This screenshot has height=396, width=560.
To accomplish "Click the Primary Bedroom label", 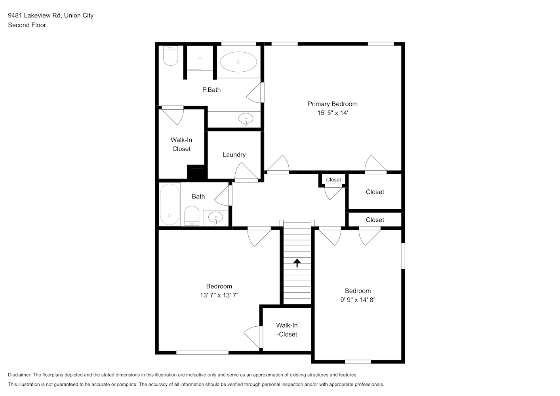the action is click(x=333, y=104).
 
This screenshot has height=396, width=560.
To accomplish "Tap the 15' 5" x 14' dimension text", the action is click(x=333, y=113).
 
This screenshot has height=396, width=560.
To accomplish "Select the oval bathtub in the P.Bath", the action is click(x=238, y=62).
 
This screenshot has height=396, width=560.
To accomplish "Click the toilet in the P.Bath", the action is click(x=171, y=55).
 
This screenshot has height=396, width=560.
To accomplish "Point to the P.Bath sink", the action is click(x=246, y=119).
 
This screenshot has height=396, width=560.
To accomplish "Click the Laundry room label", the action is click(x=234, y=155).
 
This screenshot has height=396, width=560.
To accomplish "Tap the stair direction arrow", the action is click(x=297, y=263).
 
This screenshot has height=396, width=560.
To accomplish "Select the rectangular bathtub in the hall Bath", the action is click(x=170, y=204).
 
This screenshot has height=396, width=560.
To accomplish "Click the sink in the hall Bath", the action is click(x=215, y=218).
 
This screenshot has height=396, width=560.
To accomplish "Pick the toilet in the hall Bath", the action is click(x=192, y=216).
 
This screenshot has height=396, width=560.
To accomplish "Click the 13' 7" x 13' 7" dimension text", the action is click(x=219, y=295).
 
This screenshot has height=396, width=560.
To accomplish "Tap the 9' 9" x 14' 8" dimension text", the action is click(x=358, y=300).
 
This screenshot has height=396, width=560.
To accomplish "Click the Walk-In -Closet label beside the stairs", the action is click(x=287, y=330).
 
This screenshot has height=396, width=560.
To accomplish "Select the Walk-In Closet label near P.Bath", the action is click(x=181, y=144).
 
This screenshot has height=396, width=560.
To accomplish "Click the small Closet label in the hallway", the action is click(x=333, y=180).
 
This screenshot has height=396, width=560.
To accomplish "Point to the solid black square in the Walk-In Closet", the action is click(x=197, y=173).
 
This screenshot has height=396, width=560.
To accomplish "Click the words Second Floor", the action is click(x=27, y=25).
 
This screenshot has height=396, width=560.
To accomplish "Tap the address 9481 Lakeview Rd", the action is click(x=34, y=15).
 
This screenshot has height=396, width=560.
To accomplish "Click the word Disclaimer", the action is click(x=19, y=375).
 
